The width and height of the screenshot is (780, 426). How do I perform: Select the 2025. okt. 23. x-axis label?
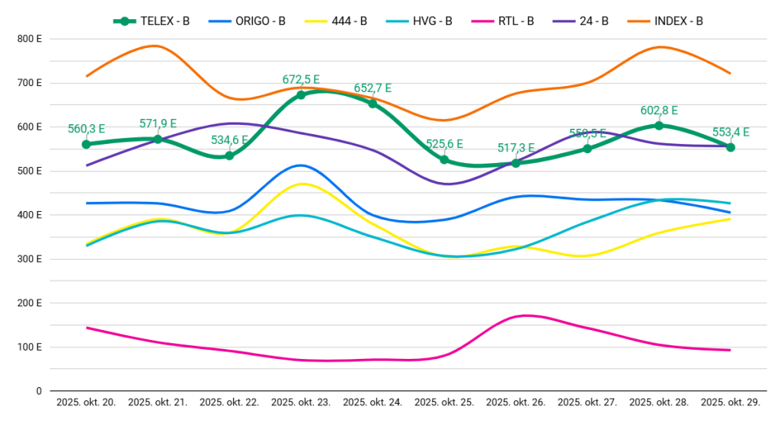pos(301,402)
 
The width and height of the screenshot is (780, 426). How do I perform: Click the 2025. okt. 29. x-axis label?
pos(730,402)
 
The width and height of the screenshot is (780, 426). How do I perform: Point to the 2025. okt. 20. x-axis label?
pos(86,402)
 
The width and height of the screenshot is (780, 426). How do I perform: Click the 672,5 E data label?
pos(301,79)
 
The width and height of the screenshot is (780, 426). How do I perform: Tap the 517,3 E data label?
pos(516,147)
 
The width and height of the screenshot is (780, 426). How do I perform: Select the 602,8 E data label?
pos(659,110)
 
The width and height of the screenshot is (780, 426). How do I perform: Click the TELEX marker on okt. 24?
pos(372,104)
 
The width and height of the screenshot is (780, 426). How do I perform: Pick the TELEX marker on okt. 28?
pos(659,125)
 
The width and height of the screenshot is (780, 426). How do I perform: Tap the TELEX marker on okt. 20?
pos(86,144)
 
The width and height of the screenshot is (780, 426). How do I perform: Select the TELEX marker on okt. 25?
pos(444,159)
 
